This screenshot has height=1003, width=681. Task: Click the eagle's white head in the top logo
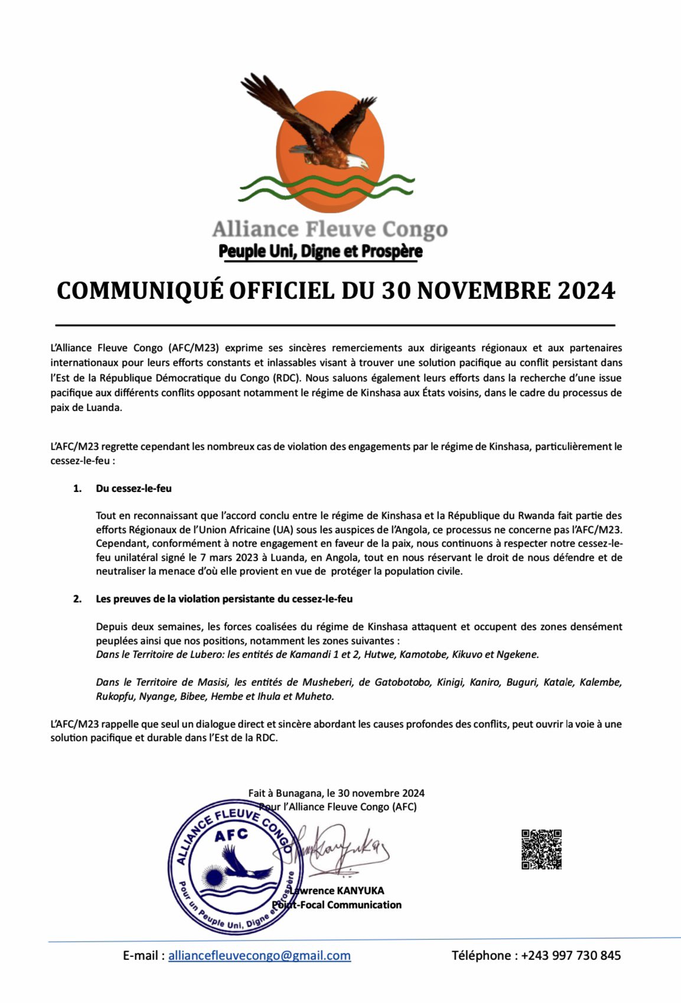(356, 161)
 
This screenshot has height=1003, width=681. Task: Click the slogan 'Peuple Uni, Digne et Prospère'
(321, 251)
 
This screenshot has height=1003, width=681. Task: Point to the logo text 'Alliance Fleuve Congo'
(330, 229)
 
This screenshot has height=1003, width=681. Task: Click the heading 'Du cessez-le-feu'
(133, 489)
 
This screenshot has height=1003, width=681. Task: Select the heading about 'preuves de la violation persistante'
(224, 599)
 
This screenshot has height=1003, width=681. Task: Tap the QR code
(541, 849)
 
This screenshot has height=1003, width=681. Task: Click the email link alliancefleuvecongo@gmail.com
(259, 955)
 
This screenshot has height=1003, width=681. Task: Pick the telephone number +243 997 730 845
(571, 955)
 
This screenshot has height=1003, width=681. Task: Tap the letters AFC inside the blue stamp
(231, 835)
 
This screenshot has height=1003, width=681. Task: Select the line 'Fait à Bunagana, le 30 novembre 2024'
(336, 793)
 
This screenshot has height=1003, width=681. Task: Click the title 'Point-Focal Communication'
(338, 904)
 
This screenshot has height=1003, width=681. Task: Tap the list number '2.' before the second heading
(77, 599)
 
